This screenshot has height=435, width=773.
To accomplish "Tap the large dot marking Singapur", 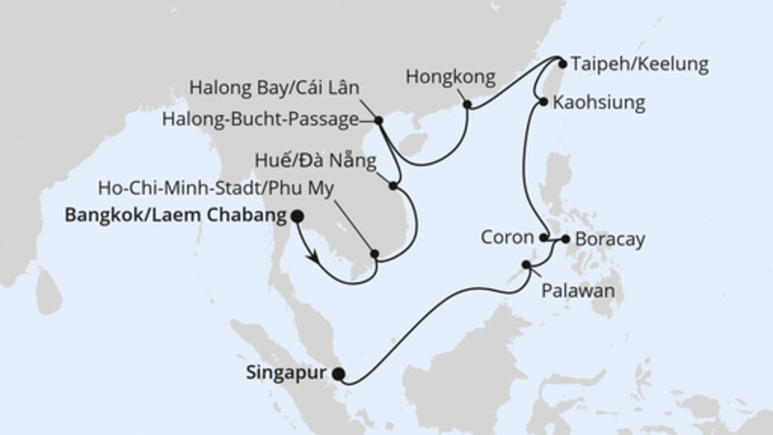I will [337, 373].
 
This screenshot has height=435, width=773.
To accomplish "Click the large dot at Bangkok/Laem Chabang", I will [297, 217].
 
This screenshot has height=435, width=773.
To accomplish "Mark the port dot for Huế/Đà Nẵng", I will [394, 184].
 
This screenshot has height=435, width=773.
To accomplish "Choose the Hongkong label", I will [450, 74].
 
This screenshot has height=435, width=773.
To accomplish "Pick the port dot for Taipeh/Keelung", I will [559, 63].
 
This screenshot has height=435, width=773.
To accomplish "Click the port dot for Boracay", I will [564, 237].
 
